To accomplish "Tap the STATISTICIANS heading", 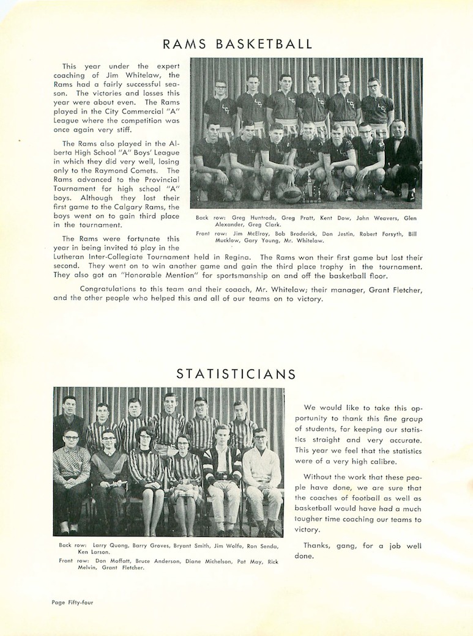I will (x=236, y=374).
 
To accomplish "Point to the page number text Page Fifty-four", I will (x=72, y=602).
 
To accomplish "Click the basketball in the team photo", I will (x=292, y=194).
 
